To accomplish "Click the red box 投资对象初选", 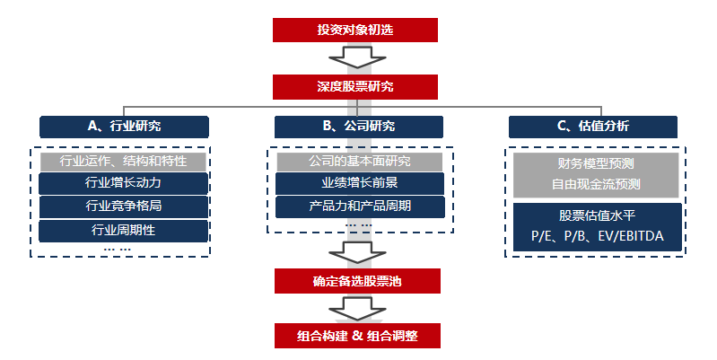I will click(354, 30).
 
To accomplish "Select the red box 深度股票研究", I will click(354, 87).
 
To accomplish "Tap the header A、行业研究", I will click(124, 127).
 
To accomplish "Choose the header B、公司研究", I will click(358, 127).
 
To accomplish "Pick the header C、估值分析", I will click(592, 127).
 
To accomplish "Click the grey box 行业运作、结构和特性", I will click(124, 162).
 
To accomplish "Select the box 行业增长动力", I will click(124, 184).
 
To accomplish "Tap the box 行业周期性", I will click(124, 231).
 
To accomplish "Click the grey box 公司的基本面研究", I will click(358, 162).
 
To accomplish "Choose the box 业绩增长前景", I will click(358, 184).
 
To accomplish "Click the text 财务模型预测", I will click(596, 165).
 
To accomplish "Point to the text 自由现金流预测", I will click(596, 186).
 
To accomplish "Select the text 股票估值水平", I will click(596, 216).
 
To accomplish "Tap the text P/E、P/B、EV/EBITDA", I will click(596, 238).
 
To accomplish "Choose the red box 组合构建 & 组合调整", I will click(357, 337).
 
